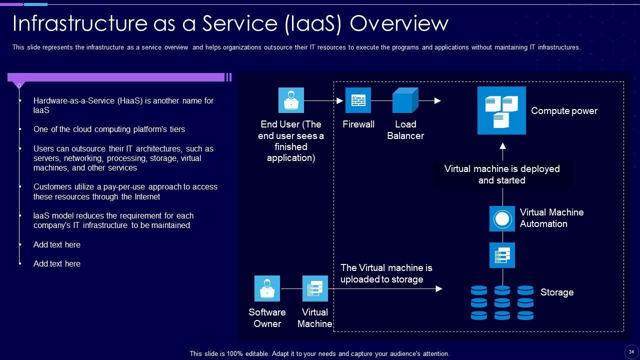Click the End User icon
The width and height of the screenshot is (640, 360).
(x=291, y=100)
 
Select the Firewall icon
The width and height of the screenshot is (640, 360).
(x=358, y=100)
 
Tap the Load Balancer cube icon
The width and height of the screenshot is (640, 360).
(x=405, y=100)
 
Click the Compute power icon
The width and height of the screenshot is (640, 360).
(x=501, y=110)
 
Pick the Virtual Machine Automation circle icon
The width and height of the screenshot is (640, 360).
(x=502, y=219)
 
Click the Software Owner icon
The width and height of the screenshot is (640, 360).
(x=267, y=288)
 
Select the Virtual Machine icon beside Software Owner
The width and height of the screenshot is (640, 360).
(x=315, y=288)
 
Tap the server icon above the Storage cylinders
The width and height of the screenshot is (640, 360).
(x=502, y=255)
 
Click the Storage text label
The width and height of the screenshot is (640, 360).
(x=557, y=292)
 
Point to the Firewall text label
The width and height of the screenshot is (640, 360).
(x=358, y=124)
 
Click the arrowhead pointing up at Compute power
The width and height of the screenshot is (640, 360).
(x=503, y=145)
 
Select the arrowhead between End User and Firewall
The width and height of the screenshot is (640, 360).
(x=339, y=100)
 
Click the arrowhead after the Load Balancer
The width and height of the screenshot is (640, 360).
(x=437, y=100)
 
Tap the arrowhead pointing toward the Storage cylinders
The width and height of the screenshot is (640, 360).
(x=439, y=289)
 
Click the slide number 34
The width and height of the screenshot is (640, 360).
(x=631, y=352)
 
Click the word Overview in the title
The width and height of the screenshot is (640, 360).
(x=399, y=23)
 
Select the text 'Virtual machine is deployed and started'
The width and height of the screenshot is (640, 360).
(x=502, y=174)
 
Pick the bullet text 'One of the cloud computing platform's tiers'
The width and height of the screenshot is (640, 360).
(x=109, y=129)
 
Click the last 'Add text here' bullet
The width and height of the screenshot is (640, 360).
(x=57, y=263)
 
